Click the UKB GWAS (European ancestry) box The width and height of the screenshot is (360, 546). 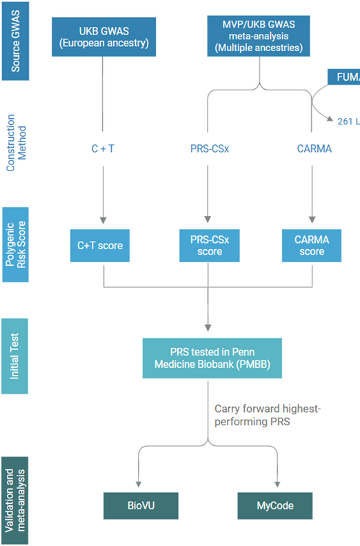click(103, 37)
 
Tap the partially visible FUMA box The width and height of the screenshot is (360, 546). click(343, 77)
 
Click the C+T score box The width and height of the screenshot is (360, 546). click(103, 245)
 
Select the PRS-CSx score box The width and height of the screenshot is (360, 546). click(208, 245)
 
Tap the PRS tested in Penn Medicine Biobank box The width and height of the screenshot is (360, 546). click(212, 358)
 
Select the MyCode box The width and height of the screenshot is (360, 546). click(275, 505)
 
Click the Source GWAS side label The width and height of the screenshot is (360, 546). click(16, 41)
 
